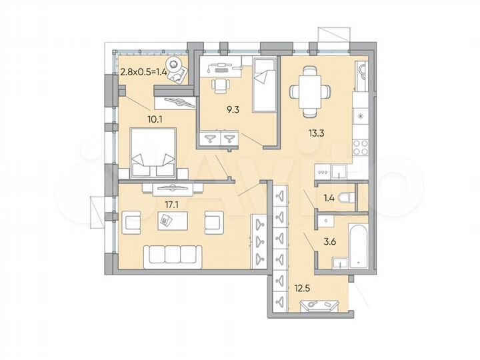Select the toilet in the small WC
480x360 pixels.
point(345,197)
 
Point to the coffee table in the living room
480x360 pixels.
point(167,220)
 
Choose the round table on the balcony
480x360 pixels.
point(175,65)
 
